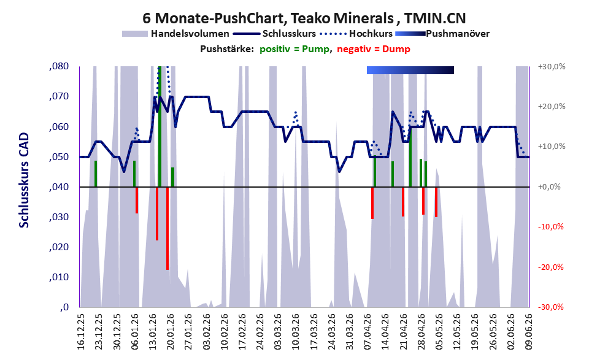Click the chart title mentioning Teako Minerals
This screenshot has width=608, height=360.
click(304, 18)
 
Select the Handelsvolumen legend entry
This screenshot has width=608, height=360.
click(175, 34)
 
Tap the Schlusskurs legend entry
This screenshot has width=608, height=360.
click(274, 34)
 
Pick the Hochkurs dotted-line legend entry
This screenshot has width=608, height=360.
click(356, 34)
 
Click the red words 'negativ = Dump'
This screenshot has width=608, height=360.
click(374, 49)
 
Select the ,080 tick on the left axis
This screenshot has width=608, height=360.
click(59, 66)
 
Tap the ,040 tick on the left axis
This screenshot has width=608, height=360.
click(59, 187)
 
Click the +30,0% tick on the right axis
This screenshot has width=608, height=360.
click(552, 67)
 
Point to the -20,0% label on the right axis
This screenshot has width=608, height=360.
click(550, 267)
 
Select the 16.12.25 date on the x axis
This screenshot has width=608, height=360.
click(81, 332)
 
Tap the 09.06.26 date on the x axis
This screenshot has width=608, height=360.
click(529, 332)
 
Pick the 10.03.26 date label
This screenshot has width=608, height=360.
click(296, 332)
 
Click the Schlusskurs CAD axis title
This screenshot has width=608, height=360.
click(24, 180)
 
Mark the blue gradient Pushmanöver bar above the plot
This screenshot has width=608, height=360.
click(410, 70)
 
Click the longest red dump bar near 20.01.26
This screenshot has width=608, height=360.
click(167, 228)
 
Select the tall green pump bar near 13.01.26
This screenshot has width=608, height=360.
click(160, 127)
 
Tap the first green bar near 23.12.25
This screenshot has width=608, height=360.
click(96, 174)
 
